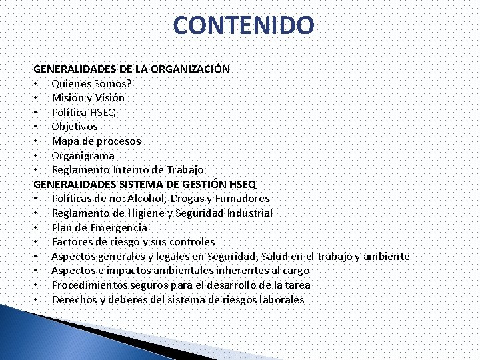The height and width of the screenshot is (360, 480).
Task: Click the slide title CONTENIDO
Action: tap(243, 25)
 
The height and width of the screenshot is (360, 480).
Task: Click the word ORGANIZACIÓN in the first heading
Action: tap(191, 69)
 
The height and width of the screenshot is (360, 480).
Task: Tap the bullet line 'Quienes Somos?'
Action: tap(91, 83)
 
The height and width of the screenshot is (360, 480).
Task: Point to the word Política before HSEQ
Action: tap(69, 112)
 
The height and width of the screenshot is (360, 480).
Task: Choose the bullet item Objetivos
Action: tap(75, 126)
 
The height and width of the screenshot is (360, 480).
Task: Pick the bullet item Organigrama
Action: tap(83, 155)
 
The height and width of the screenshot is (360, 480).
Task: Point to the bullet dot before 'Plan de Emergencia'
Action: tap(33, 228)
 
